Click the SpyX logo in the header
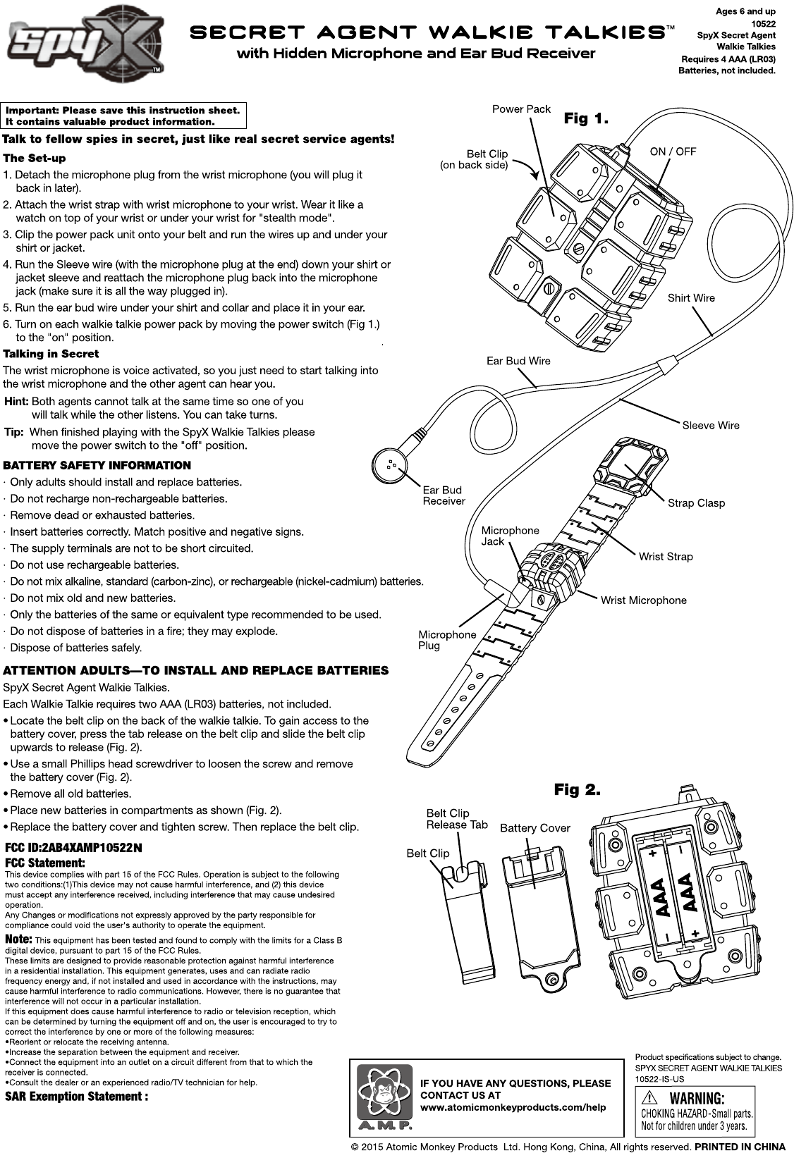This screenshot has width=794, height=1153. click(85, 41)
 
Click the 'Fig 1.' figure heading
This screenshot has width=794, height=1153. click(585, 118)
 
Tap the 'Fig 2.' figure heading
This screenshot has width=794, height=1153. click(577, 789)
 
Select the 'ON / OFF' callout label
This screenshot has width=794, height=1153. click(672, 152)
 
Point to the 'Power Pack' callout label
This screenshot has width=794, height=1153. click(521, 109)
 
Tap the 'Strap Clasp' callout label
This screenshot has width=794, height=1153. click(696, 502)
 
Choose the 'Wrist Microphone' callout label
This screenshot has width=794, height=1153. click(643, 600)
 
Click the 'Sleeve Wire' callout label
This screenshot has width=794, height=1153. click(710, 425)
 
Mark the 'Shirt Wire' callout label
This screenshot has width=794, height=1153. click(691, 297)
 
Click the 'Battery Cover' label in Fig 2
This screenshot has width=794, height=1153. click(535, 827)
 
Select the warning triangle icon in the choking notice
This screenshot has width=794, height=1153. click(650, 1098)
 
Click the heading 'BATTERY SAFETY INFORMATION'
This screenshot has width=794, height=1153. click(97, 465)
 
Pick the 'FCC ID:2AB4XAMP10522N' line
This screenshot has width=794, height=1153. click(74, 846)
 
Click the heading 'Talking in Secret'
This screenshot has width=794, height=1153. click(51, 354)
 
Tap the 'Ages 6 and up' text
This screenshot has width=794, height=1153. click(745, 11)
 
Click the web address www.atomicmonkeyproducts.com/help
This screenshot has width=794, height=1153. click(513, 1107)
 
